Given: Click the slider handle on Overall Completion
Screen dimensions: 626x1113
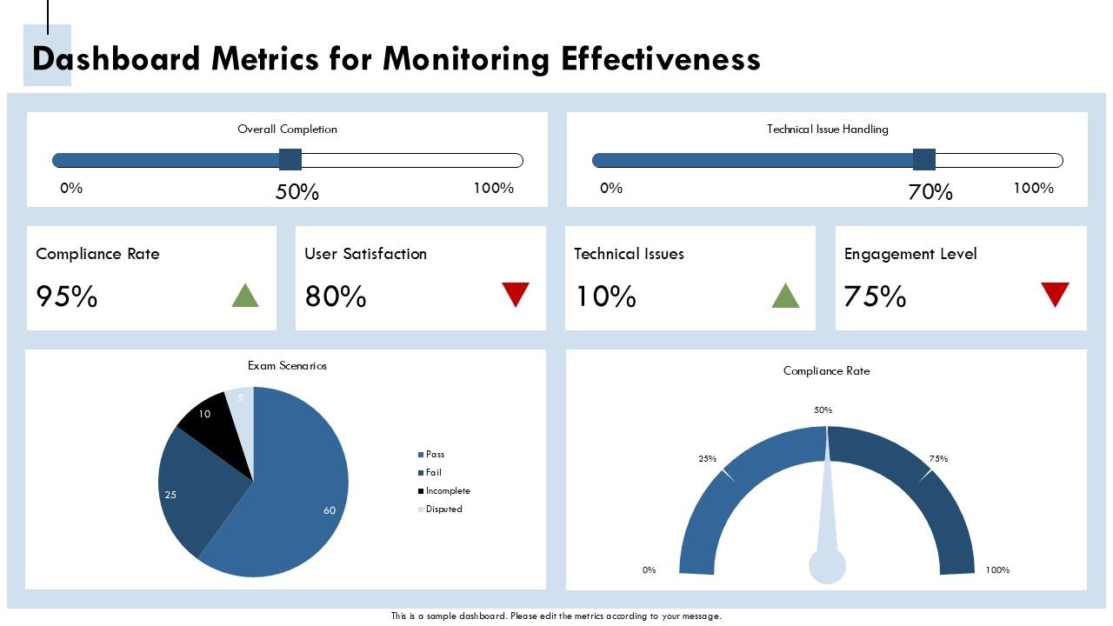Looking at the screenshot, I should [x=290, y=160].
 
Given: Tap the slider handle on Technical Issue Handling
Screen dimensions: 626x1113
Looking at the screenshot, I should [x=924, y=160].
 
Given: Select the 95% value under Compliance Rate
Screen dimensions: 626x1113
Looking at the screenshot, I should [x=67, y=297].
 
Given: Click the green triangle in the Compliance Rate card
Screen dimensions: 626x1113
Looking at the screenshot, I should [x=245, y=296].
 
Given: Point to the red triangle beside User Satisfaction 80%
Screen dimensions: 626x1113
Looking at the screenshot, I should [x=516, y=294].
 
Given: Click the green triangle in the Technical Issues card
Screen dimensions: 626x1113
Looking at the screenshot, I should [x=785, y=296].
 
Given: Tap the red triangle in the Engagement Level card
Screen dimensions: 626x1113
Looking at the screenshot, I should [x=1055, y=294].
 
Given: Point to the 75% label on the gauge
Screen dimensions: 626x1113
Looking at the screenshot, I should [x=938, y=459].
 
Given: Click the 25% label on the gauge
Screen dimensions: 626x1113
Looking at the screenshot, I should [x=707, y=459].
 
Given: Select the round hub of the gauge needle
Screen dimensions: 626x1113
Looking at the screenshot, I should [x=827, y=566].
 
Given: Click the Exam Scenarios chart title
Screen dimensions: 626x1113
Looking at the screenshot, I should [x=287, y=366].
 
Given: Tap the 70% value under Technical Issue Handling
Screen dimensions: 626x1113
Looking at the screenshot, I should [x=930, y=192].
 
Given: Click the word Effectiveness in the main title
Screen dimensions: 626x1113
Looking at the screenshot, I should [x=661, y=59].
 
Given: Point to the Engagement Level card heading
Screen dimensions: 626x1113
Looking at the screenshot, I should [x=910, y=254].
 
